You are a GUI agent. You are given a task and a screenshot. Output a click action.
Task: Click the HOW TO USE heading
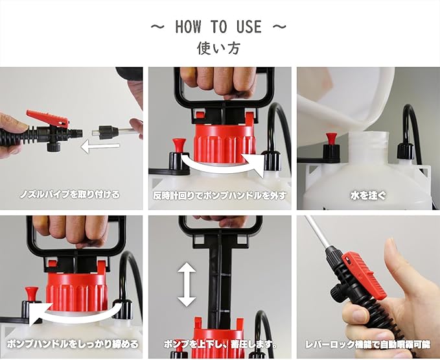pos(218,27)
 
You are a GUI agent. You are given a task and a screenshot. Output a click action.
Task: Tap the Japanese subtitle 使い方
pos(218,48)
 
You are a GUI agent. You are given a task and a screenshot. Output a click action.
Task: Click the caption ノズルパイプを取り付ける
pos(69,195)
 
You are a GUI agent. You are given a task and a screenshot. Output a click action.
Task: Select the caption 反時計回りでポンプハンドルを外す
pos(220,195)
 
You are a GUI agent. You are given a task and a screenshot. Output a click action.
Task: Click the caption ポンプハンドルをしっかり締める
pos(73,344)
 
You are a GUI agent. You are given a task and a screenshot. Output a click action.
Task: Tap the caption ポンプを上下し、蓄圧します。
pos(220,344)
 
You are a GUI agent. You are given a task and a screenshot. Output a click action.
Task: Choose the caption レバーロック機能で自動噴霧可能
pos(368,344)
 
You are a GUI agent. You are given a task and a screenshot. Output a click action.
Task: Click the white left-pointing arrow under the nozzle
pos(100,147)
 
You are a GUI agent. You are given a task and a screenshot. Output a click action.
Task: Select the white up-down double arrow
pos(187,285)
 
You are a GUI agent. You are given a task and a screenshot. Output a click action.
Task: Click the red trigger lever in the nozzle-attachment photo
pos(47,118)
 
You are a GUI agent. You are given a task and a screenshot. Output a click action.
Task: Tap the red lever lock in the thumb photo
pos(364,274)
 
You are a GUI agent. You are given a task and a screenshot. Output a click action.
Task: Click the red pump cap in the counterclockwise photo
pos(224,144)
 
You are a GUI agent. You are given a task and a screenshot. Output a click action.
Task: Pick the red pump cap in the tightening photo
pos(76,291)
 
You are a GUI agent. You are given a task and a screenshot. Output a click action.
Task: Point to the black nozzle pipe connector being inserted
pos(108,132)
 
